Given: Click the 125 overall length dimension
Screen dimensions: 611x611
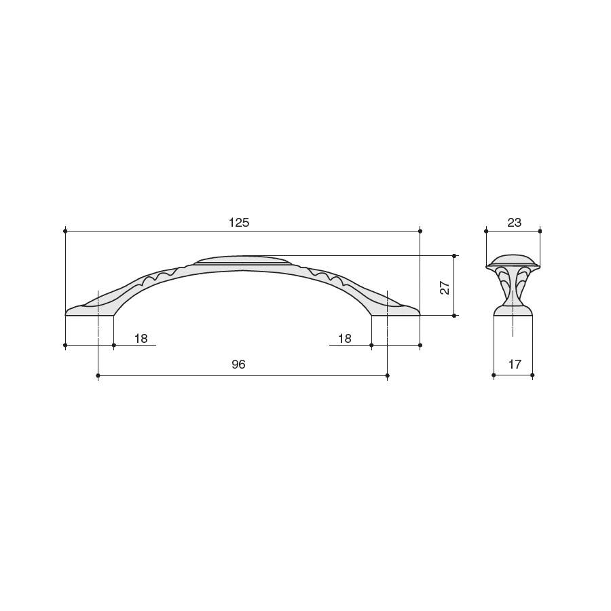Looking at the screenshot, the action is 239,223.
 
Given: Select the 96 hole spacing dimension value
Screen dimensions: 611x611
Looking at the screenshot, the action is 238,365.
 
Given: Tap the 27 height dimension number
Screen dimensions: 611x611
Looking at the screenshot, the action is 445,288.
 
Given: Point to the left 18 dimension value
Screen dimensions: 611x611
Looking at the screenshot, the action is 141,339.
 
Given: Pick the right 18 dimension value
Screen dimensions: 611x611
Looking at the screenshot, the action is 345,339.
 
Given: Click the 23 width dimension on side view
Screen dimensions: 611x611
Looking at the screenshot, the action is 515,223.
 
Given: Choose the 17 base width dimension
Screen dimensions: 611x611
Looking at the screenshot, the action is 515,365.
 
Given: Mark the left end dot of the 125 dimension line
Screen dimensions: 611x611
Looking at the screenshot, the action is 65,231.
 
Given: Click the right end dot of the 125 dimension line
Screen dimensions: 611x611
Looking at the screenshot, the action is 420,231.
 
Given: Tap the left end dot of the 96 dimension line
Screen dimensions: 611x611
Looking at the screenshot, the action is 98,375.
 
